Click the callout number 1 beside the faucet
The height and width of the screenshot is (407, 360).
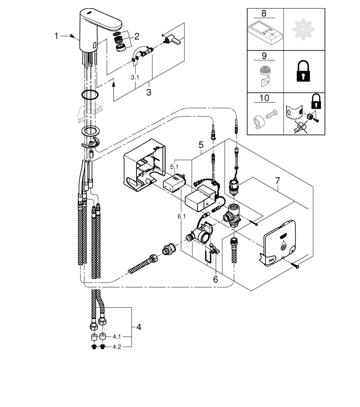click(x=57, y=37)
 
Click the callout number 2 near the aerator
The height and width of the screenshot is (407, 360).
click(x=137, y=36)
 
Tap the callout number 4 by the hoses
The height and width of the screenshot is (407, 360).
click(x=138, y=326)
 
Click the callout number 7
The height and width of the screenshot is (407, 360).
click(x=277, y=179)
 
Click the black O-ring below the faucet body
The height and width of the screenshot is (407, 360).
click(x=90, y=95)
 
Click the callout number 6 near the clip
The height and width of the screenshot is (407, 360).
click(x=215, y=279)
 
